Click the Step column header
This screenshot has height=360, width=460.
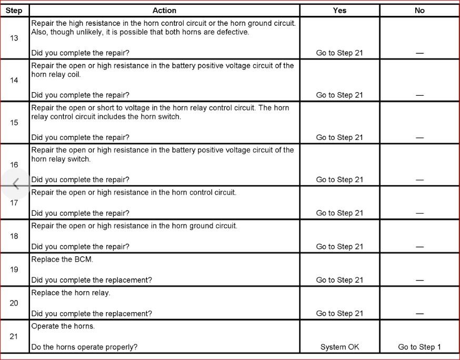14,11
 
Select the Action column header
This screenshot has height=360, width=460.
164,11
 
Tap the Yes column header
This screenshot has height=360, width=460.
339,11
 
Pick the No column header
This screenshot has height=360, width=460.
419,11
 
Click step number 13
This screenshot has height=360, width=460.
14,38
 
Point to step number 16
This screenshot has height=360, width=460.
14,165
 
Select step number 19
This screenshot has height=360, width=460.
14,269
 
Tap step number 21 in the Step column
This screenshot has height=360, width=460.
14,337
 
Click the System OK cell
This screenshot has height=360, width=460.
339,347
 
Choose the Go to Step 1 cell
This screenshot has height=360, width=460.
419,347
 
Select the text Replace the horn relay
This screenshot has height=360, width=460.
71,293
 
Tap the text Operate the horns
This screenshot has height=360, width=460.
63,326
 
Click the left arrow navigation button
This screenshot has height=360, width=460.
16,184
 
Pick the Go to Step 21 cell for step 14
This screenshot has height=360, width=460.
339,95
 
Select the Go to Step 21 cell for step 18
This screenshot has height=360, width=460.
339,247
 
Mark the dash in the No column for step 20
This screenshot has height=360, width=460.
419,314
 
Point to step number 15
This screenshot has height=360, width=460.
14,123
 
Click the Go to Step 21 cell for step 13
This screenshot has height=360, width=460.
339,53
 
